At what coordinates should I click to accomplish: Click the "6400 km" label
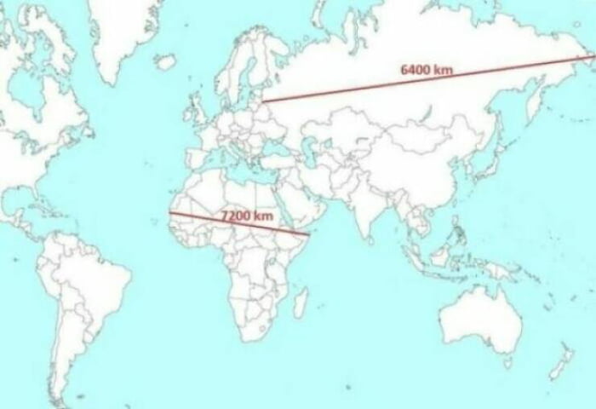426,69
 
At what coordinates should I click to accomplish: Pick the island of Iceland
165,61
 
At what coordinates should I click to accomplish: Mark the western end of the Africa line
169,212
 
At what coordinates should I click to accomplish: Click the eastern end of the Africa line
307,233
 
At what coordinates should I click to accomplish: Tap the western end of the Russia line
261,101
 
